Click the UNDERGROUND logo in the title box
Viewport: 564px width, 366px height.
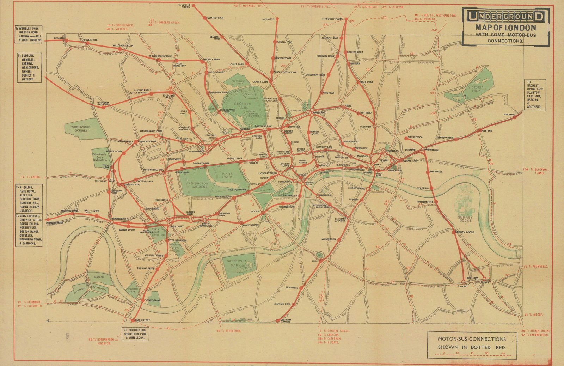tap(505, 16)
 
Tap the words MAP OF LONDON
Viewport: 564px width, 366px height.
tap(505, 28)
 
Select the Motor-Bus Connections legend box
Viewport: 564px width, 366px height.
tap(471, 344)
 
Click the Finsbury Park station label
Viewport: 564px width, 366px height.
tap(332, 19)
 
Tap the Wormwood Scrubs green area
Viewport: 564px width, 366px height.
tap(81, 129)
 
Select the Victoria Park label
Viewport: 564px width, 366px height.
tap(476, 89)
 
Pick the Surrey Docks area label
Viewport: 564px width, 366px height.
tap(465, 219)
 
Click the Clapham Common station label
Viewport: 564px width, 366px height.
tap(285, 321)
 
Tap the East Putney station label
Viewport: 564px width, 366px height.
tap(142, 320)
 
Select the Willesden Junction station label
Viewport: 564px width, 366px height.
tap(100, 103)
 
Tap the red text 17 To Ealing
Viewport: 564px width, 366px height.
tap(30, 177)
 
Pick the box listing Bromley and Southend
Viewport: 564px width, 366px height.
tap(535, 94)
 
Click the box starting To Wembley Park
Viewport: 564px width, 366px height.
tap(29, 34)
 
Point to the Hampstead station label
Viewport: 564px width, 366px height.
tap(215, 18)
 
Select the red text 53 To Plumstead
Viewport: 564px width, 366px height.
tap(536, 267)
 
